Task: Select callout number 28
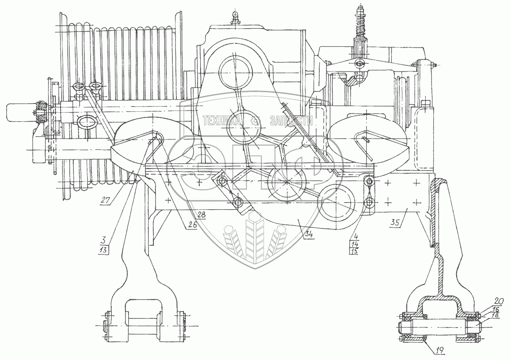(x=202, y=214)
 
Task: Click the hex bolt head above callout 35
(x=425, y=104)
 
